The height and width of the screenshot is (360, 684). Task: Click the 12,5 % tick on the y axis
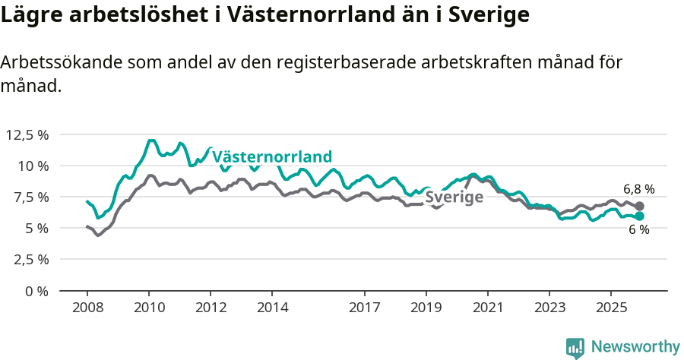[27, 134]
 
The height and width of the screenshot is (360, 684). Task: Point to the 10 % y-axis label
[33, 166]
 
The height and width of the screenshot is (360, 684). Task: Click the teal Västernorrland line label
[272, 157]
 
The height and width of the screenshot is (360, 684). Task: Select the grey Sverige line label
[454, 197]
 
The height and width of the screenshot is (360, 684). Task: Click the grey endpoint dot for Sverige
[640, 206]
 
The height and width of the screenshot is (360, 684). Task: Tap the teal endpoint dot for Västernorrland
[640, 216]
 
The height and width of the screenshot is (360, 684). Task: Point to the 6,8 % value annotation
[638, 190]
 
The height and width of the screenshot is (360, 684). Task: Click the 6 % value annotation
[638, 230]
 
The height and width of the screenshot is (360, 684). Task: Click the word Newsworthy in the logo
[635, 347]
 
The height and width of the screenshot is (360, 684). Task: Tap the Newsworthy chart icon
[575, 348]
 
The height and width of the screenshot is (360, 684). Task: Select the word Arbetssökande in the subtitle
[60, 63]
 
